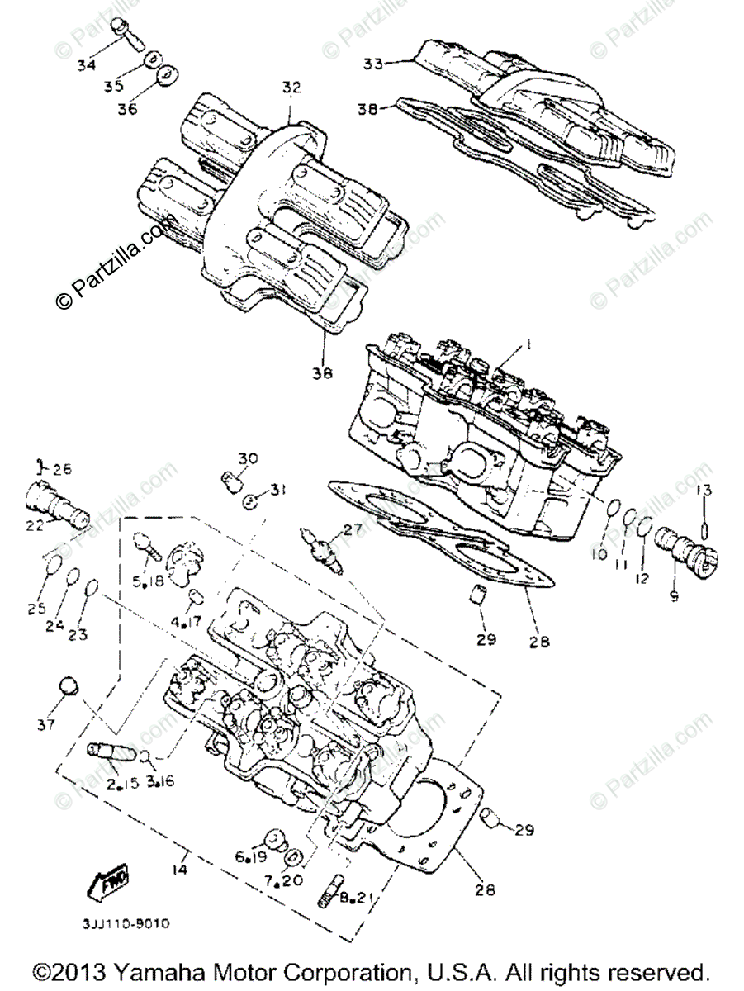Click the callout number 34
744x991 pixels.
click(87, 65)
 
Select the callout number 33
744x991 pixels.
click(374, 63)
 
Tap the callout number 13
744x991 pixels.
click(704, 491)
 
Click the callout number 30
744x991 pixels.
click(249, 459)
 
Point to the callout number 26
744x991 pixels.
click(62, 468)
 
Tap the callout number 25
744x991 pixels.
click(36, 609)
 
